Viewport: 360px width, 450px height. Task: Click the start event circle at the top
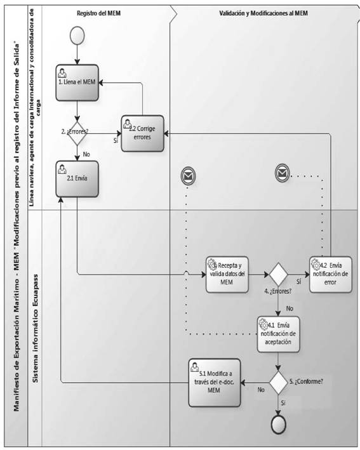click(77, 36)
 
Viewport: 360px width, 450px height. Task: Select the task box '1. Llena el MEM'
click(77, 83)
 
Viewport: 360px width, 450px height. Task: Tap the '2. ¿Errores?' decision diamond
click(77, 133)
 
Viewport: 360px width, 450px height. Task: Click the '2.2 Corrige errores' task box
click(142, 133)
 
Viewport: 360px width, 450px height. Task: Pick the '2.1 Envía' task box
click(77, 179)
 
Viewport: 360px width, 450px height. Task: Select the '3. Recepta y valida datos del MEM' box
click(227, 274)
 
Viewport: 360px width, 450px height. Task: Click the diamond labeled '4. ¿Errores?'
click(278, 274)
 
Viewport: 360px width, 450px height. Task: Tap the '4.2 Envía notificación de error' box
click(331, 274)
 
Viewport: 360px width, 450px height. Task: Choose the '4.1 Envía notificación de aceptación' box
click(278, 334)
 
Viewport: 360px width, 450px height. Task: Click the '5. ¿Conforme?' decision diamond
click(278, 383)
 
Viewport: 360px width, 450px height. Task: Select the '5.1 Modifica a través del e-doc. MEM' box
click(215, 383)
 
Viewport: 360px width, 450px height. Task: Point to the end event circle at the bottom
click(278, 424)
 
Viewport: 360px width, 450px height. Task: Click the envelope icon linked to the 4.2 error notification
click(282, 173)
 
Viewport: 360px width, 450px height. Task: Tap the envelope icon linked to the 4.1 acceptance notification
click(189, 176)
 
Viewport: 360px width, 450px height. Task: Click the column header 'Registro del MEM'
click(99, 13)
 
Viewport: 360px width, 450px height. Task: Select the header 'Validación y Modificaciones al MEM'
click(263, 13)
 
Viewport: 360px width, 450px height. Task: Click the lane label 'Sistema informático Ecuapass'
click(36, 329)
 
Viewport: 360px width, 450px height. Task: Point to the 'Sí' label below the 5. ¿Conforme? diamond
click(283, 403)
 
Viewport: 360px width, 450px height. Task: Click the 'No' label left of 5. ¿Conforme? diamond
click(261, 390)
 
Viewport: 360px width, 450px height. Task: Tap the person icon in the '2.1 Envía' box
click(62, 169)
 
